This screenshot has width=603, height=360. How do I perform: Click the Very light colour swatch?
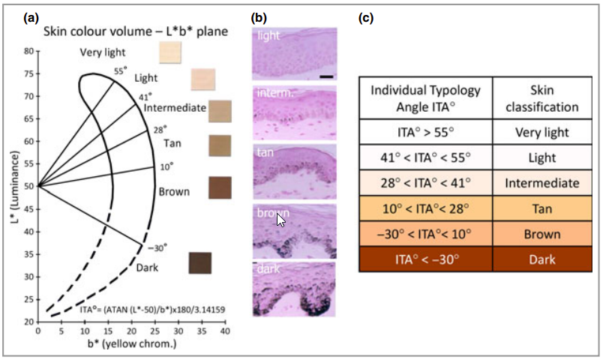click(171, 52)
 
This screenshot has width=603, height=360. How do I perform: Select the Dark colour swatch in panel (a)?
click(200, 263)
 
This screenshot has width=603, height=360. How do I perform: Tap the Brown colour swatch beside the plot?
click(220, 187)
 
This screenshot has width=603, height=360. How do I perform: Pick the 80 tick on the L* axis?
click(28, 51)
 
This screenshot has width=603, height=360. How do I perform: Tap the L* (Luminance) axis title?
click(13, 186)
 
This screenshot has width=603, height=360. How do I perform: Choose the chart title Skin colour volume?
click(135, 31)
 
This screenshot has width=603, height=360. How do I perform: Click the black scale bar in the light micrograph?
click(326, 76)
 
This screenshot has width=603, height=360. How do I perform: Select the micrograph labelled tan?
click(295, 170)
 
